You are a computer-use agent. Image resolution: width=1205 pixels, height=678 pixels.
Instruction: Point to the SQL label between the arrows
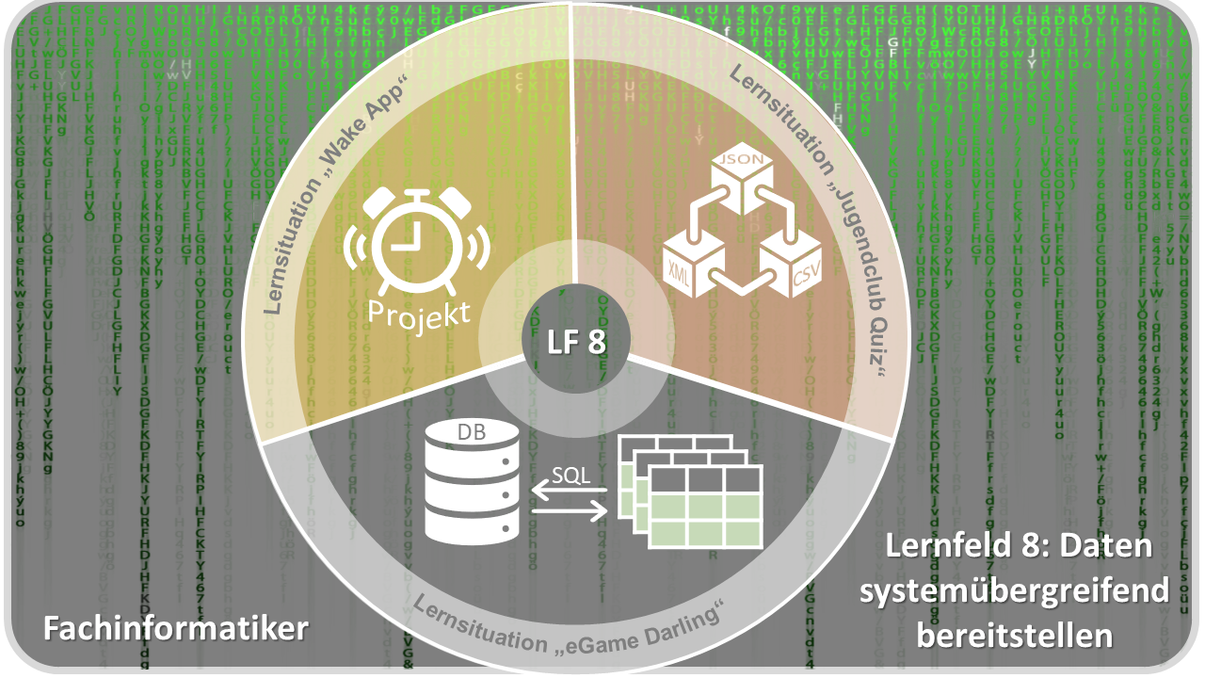coord(571,475)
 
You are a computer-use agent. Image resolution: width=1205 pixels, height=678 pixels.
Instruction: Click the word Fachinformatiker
coord(176,627)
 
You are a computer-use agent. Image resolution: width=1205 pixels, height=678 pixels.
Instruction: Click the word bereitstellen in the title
coord(1015,636)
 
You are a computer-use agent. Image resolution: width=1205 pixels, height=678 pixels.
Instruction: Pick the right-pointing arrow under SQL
coord(570,511)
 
